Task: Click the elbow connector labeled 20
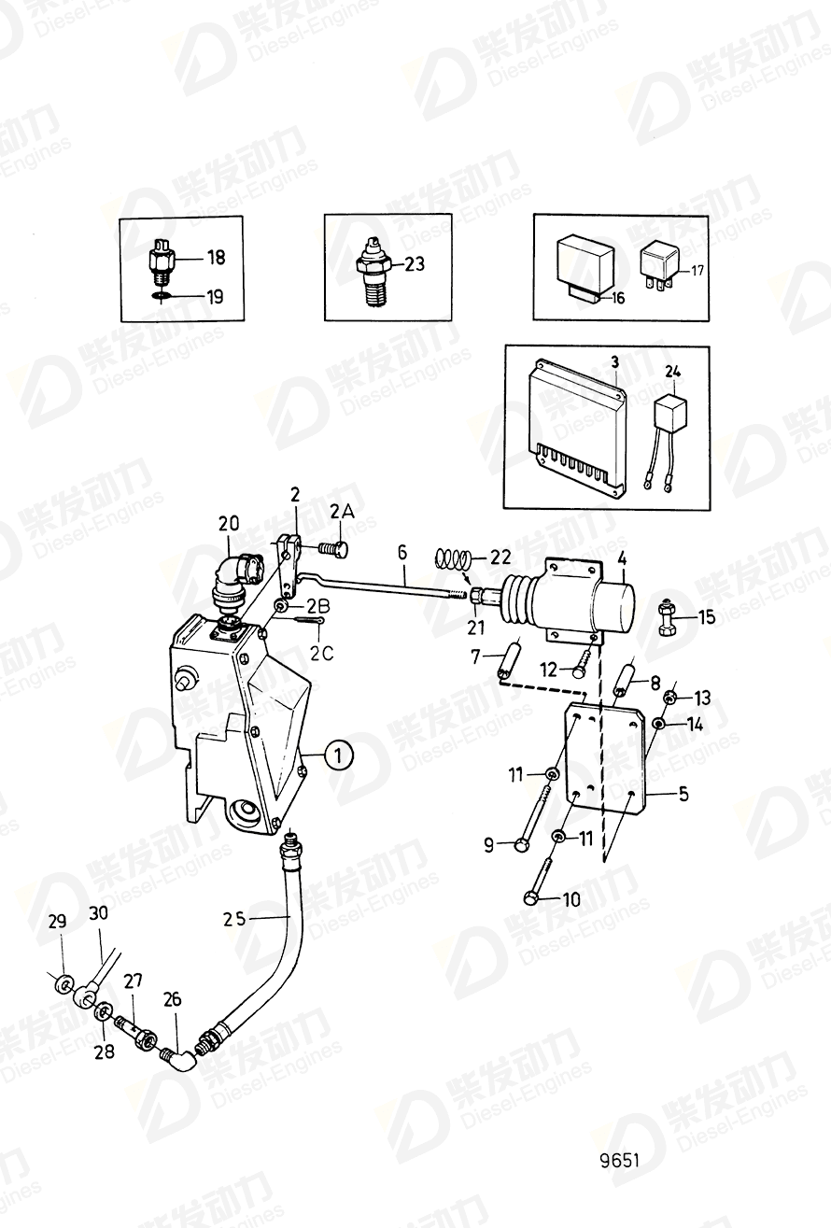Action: tap(232, 576)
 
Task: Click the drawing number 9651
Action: tap(619, 1161)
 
